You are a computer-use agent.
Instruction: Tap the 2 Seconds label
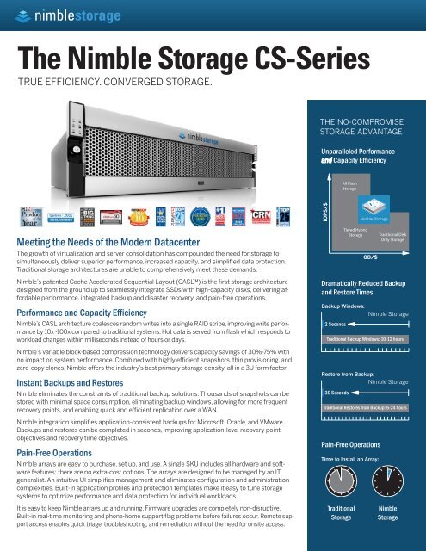336,325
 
